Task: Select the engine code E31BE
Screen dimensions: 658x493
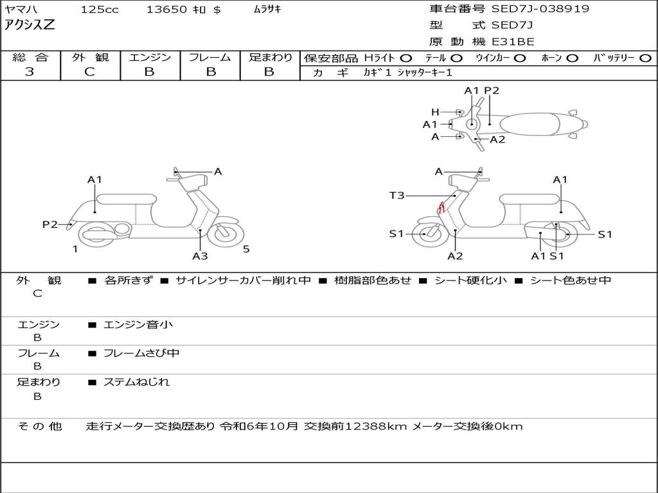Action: (x=513, y=41)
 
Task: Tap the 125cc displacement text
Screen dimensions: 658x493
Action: (x=99, y=10)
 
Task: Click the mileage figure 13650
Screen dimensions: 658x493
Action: (x=166, y=10)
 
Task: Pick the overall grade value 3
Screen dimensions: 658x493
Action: (x=30, y=72)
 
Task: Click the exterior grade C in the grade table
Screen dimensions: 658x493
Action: (x=89, y=72)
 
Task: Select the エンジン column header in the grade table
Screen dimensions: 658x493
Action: (x=150, y=57)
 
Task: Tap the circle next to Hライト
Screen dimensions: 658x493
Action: (x=406, y=58)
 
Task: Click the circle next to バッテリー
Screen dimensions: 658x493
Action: (x=645, y=58)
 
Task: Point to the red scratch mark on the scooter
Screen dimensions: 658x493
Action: (x=441, y=207)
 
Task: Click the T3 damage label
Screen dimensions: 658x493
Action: (x=396, y=195)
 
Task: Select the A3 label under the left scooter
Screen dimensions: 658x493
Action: (x=200, y=255)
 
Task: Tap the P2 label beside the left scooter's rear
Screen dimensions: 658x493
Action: (x=49, y=224)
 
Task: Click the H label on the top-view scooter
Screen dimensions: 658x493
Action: (x=435, y=112)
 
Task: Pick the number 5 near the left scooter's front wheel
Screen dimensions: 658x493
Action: (x=246, y=249)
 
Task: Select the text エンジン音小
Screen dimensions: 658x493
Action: (x=138, y=325)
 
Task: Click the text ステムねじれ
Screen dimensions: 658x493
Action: (x=137, y=382)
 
